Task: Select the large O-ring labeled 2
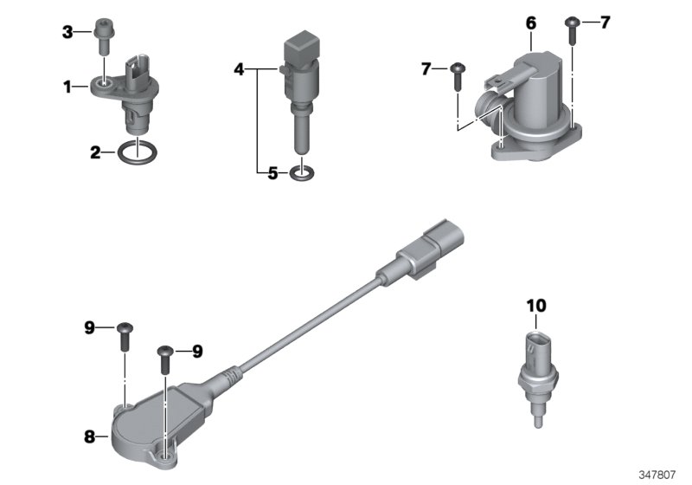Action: pos(134,154)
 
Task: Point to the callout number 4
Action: pos(240,67)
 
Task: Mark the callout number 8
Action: pos(89,437)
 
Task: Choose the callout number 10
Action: pos(536,305)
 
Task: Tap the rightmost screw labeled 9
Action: pos(164,358)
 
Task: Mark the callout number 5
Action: pos(272,173)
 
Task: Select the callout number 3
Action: pos(67,33)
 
